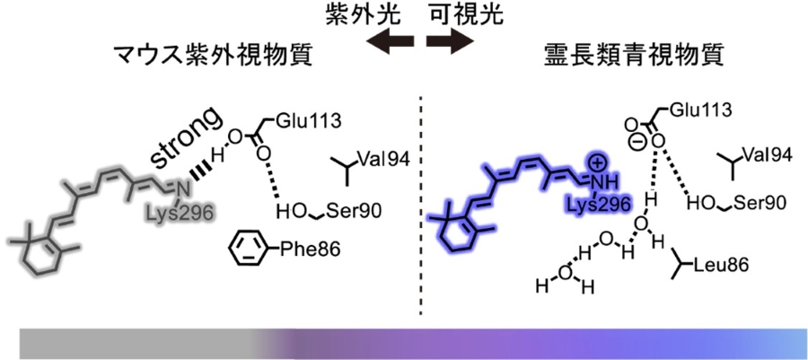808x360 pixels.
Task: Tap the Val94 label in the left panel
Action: pyautogui.click(x=382, y=159)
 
